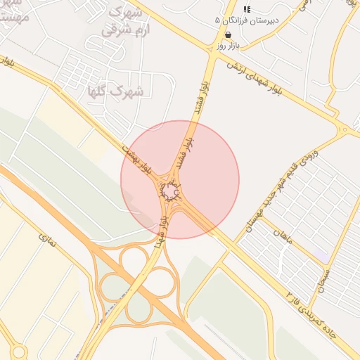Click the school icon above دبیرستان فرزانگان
click(246, 9)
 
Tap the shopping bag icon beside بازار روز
click(228, 34)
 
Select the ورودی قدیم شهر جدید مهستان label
click(281, 190)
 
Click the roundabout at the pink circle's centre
click(169, 190)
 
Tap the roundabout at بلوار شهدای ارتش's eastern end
click(344, 129)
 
